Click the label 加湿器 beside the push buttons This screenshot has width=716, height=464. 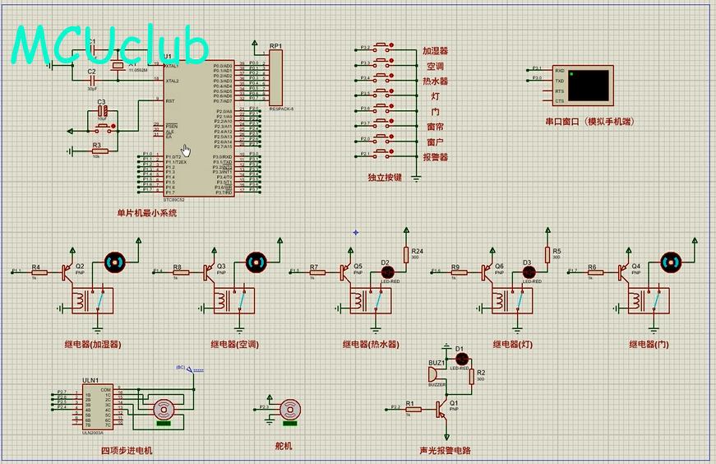click(435, 51)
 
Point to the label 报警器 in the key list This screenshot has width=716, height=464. click(435, 157)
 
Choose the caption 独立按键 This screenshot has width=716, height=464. click(385, 177)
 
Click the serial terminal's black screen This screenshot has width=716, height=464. click(589, 86)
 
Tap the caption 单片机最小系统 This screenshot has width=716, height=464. click(146, 213)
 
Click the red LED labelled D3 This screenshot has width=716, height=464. click(528, 271)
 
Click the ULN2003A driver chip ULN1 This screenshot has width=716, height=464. click(97, 405)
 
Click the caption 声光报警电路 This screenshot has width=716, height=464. click(450, 450)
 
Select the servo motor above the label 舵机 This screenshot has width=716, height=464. click(289, 409)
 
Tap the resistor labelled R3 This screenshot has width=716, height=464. click(99, 150)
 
